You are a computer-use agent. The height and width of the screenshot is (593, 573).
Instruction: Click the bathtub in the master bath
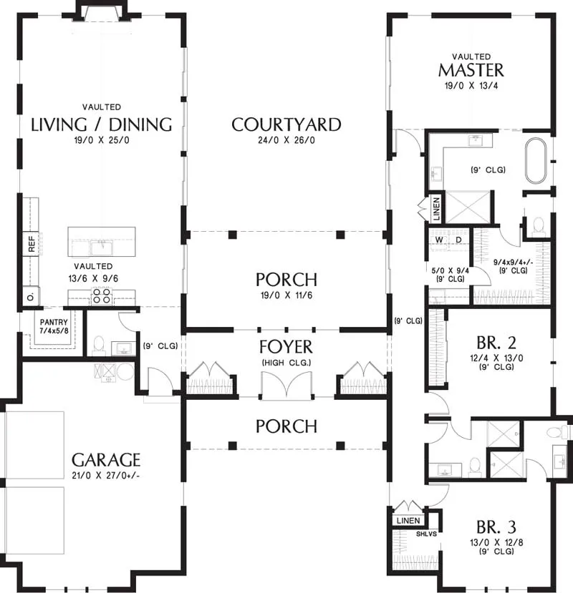click(536, 161)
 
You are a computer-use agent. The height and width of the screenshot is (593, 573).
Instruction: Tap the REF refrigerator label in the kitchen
click(32, 244)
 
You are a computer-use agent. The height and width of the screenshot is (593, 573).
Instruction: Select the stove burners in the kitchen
click(102, 296)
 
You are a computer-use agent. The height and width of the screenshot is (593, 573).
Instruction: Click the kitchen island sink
click(101, 247)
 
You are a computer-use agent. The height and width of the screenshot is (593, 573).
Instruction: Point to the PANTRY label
click(54, 322)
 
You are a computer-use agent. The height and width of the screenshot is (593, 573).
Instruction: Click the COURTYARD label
click(286, 124)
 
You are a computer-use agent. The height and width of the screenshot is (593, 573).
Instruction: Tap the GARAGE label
click(106, 460)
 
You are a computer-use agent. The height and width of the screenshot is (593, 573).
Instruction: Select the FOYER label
click(286, 347)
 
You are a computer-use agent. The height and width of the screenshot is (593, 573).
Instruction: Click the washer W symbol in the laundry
click(439, 240)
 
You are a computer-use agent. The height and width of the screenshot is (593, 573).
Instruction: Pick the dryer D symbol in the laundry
click(458, 240)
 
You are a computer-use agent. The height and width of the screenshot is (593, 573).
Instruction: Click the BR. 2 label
click(496, 343)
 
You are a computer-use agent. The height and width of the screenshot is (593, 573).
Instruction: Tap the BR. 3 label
click(496, 526)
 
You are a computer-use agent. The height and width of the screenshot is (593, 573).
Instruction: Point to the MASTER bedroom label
click(471, 70)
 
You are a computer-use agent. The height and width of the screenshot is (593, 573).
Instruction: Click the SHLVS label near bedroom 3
click(426, 534)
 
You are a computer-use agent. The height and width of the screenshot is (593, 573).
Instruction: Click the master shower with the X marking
click(468, 207)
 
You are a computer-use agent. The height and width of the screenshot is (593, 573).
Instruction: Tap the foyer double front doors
click(286, 385)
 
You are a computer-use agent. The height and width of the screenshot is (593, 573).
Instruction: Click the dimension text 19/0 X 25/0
click(102, 140)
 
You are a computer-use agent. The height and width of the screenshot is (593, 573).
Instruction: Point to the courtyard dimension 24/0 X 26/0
click(286, 140)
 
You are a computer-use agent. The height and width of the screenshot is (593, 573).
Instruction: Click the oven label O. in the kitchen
click(31, 296)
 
